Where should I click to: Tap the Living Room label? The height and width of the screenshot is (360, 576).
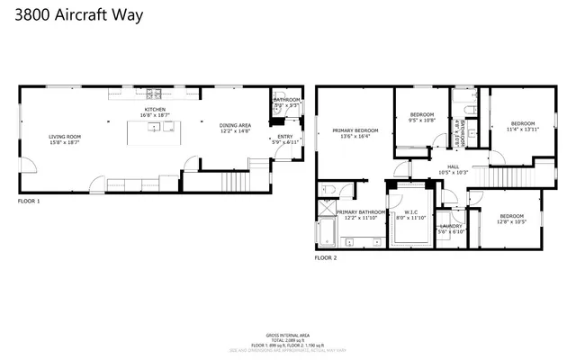pos(65,137)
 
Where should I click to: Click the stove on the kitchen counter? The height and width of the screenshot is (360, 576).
pos(157,94)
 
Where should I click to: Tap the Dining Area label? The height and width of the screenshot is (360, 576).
pos(235,126)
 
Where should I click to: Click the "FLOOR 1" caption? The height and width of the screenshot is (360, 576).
pos(29,202)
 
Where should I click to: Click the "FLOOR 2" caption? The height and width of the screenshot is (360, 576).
pos(325,257)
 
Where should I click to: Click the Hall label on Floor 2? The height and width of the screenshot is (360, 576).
pos(454,166)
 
